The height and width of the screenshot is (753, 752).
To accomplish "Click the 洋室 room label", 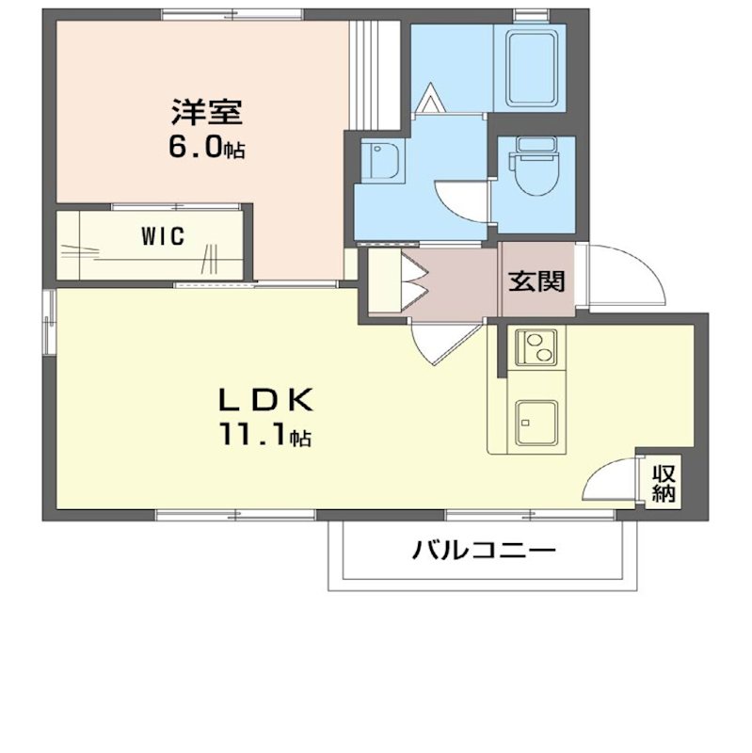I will [206, 112].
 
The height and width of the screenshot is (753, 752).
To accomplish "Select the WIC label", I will [162, 236].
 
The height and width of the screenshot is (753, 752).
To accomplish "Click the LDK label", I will [265, 400].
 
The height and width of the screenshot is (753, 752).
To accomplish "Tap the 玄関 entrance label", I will [537, 280].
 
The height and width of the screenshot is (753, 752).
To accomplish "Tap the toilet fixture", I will [534, 168].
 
